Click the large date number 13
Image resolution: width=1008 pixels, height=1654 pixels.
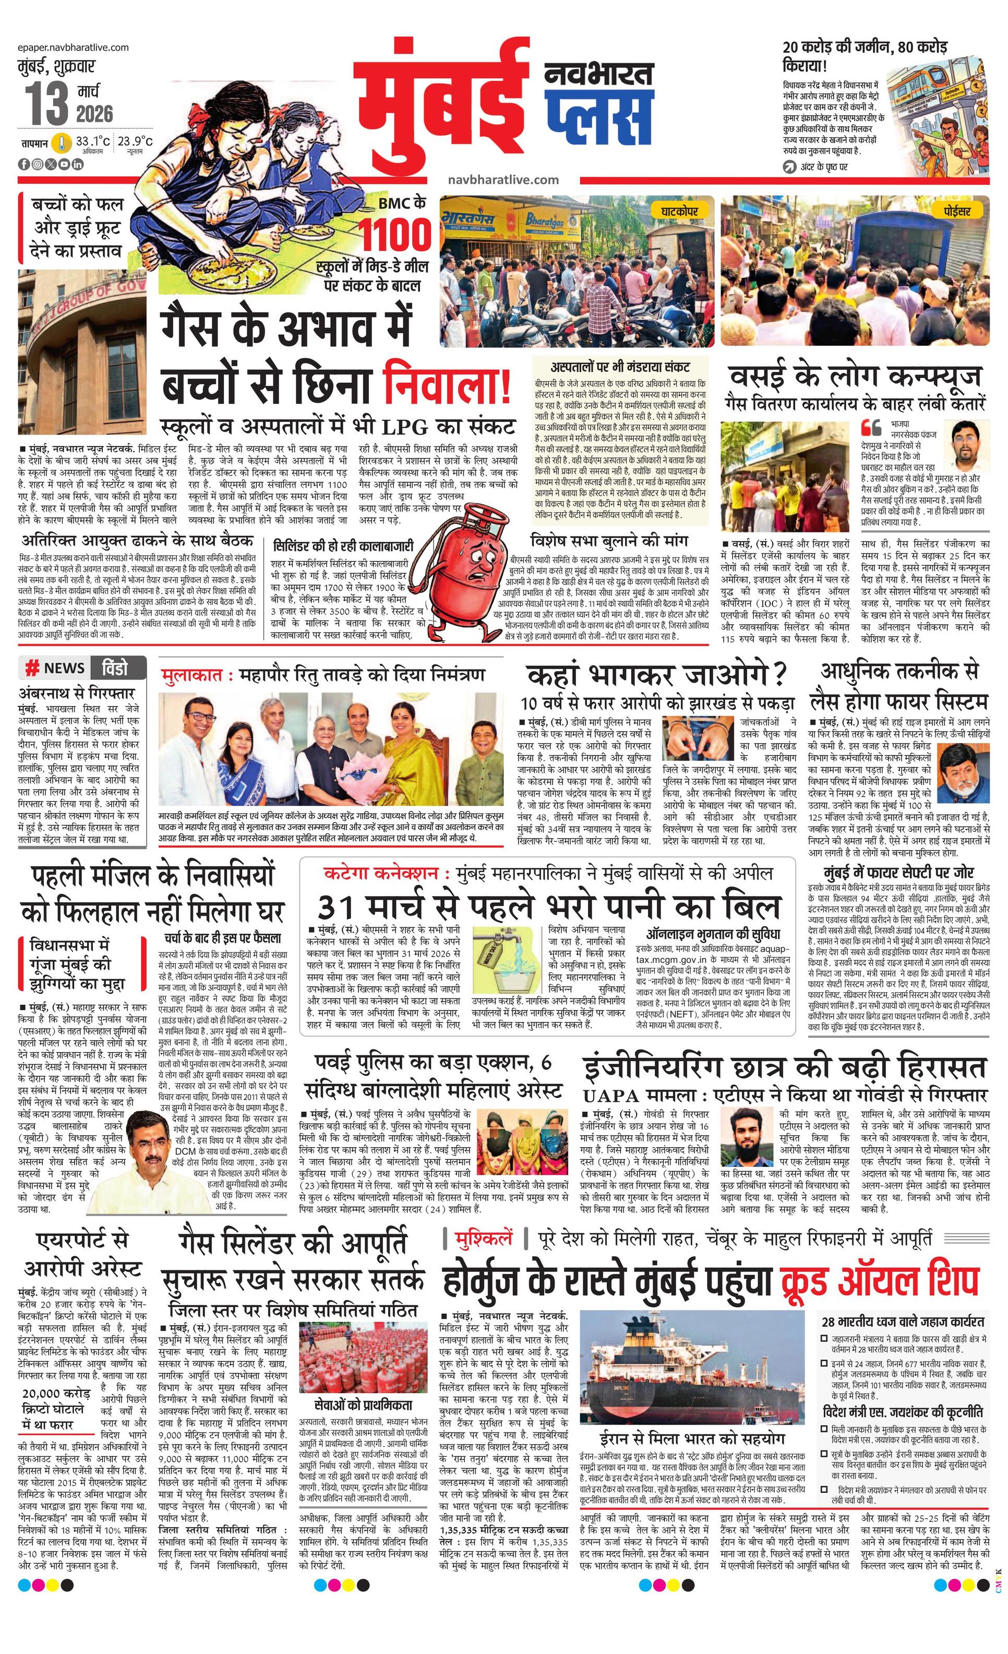coord(47,105)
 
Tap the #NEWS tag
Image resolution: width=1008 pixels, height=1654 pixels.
coord(56,668)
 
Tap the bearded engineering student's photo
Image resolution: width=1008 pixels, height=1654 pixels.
coord(747,1138)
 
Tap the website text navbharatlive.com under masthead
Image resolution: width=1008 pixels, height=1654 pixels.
coord(503,180)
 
